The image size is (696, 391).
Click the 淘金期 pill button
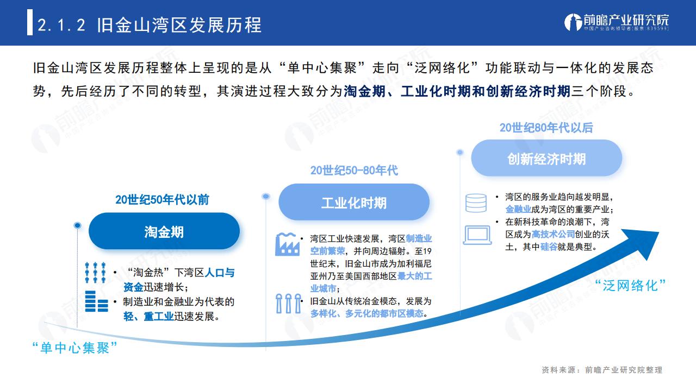pyautogui.click(x=164, y=231)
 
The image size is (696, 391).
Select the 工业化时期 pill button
pyautogui.click(x=354, y=202)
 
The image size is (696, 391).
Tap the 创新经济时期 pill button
pyautogui.click(x=546, y=158)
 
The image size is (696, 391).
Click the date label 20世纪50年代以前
pyautogui.click(x=162, y=199)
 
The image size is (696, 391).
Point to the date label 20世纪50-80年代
pyautogui.click(x=354, y=171)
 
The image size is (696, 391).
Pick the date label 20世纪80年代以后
pyautogui.click(x=546, y=128)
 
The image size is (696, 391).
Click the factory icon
pyautogui.click(x=288, y=244)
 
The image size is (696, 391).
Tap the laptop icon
pyautogui.click(x=477, y=235)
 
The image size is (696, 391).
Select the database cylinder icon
pyautogui.click(x=476, y=203)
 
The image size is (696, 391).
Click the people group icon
pyautogui.click(x=95, y=273)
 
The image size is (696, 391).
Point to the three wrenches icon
pyautogui.click(x=289, y=303)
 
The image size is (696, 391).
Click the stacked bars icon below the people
pyautogui.click(x=96, y=301)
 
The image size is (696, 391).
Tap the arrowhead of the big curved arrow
pyautogui.click(x=644, y=242)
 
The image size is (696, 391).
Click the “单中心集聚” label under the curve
pyautogui.click(x=74, y=348)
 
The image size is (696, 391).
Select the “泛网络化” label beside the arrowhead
pyautogui.click(x=630, y=286)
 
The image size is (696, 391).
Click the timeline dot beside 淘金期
pyautogui.click(x=77, y=225)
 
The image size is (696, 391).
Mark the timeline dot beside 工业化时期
pyautogui.click(x=266, y=196)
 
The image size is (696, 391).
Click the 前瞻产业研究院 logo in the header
pyautogui.click(x=616, y=22)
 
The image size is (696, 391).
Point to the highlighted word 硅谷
pyautogui.click(x=549, y=247)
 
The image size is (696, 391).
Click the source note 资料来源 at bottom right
pyautogui.click(x=602, y=370)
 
